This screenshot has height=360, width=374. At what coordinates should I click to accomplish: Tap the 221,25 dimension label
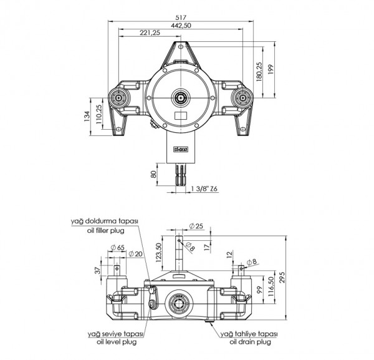[150, 33]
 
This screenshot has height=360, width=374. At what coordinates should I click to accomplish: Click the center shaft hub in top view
[181, 97]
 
